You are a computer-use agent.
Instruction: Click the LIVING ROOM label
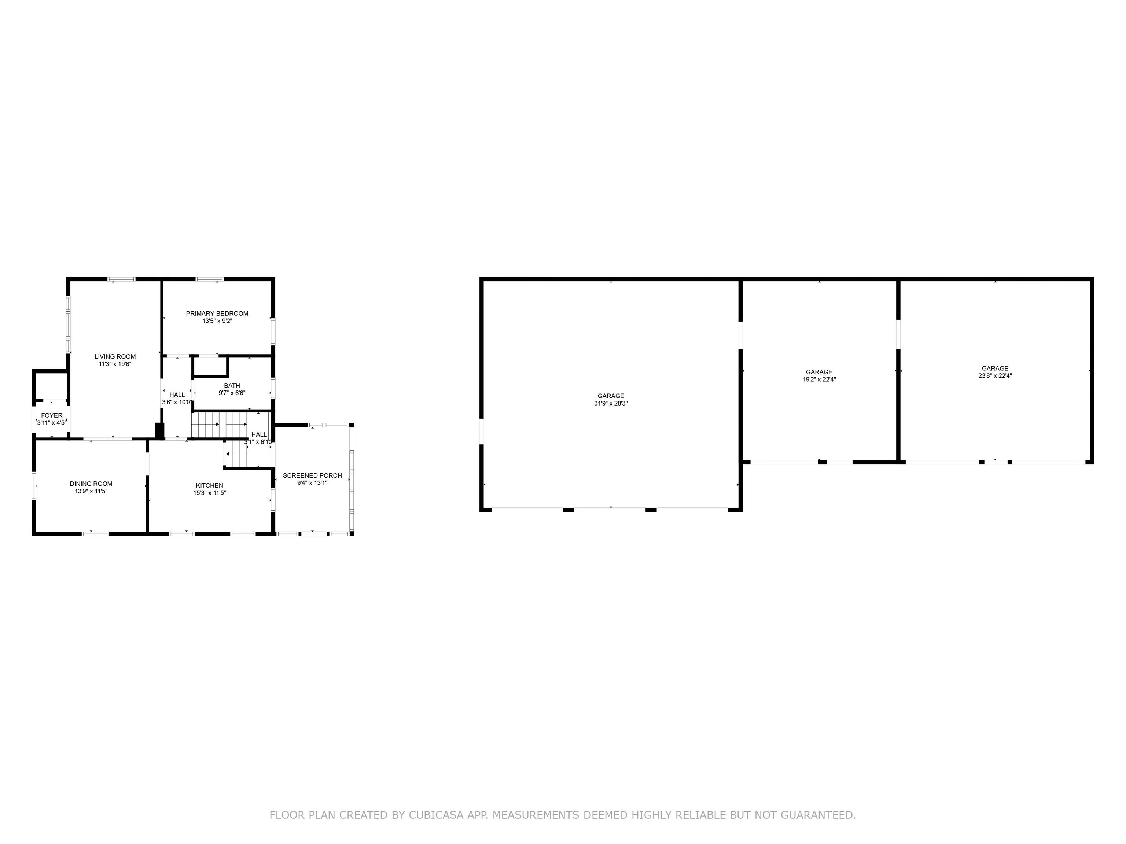115,357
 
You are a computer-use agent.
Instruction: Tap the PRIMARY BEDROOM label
217,313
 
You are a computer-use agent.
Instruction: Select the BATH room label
232,386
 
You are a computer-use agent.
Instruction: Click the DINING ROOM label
91,484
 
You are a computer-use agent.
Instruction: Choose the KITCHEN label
209,485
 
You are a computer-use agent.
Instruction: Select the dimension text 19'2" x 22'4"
819,380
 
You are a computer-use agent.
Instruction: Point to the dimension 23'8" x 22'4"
995,376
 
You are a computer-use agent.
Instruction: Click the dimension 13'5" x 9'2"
217,321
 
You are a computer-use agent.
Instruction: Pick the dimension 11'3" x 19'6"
115,364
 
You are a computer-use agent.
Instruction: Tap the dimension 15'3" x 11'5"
209,493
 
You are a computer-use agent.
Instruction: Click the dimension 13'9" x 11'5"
91,492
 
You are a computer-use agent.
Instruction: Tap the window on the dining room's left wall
34,485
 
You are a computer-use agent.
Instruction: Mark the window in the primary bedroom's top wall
210,279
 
